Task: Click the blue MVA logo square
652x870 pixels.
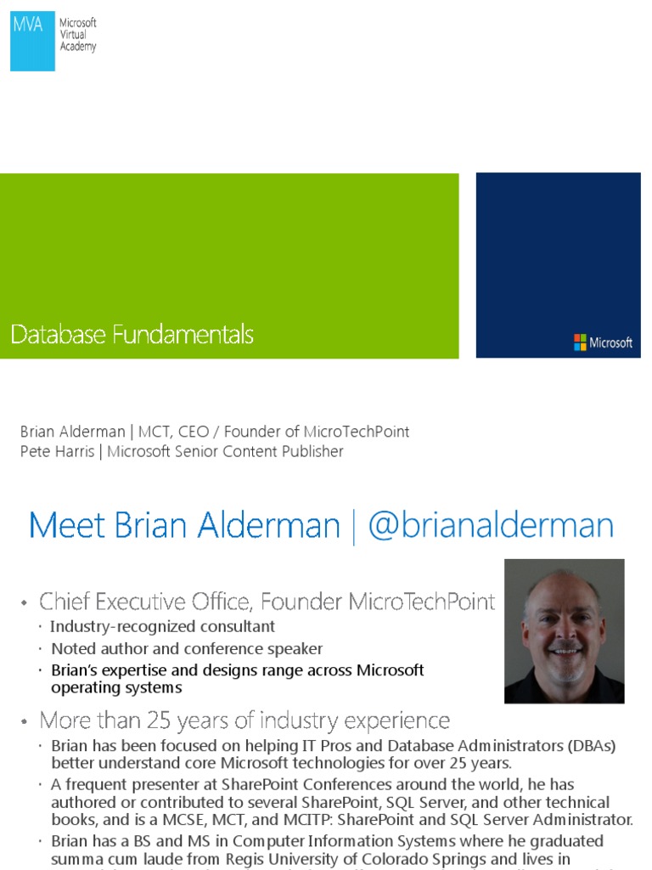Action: [32, 41]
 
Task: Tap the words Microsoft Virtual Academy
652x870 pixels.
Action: [78, 35]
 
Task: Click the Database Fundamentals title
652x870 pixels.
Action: [132, 335]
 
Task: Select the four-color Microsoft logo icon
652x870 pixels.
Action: [580, 342]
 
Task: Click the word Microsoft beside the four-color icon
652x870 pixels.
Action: [611, 343]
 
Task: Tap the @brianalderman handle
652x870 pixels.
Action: [491, 525]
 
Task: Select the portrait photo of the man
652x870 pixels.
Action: [564, 630]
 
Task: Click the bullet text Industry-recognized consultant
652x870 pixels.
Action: [162, 627]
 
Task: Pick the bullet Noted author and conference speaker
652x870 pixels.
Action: [186, 649]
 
